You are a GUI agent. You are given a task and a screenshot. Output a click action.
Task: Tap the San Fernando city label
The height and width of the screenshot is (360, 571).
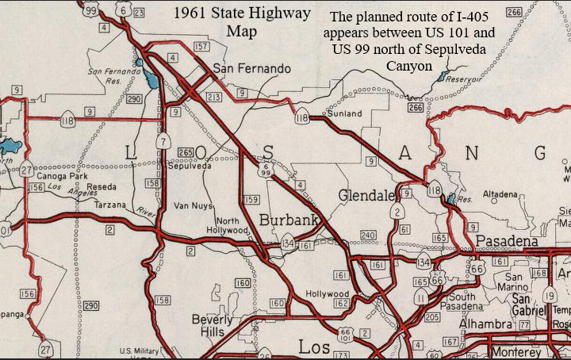coord(251,69)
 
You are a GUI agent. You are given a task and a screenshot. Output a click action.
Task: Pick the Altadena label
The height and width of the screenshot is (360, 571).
coord(500,193)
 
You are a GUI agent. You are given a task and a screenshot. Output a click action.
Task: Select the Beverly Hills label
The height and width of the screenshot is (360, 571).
coord(213,325)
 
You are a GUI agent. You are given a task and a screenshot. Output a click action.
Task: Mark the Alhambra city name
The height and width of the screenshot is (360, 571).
coord(484,325)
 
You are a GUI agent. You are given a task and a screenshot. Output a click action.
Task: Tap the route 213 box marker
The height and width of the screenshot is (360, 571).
coord(213,96)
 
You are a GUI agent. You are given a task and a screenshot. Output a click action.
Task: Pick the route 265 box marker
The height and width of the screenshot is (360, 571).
coord(186,152)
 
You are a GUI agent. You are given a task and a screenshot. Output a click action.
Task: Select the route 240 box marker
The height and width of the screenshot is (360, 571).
coord(367,236)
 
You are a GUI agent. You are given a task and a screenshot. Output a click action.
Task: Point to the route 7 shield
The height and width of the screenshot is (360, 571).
coord(163,142)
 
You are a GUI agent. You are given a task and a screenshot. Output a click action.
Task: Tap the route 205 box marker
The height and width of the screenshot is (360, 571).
coord(431,316)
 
